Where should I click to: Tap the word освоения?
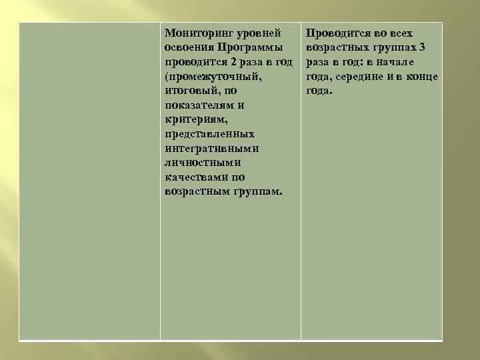tap(188, 47)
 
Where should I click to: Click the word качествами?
tap(193, 177)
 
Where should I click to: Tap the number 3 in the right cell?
tap(423, 47)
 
